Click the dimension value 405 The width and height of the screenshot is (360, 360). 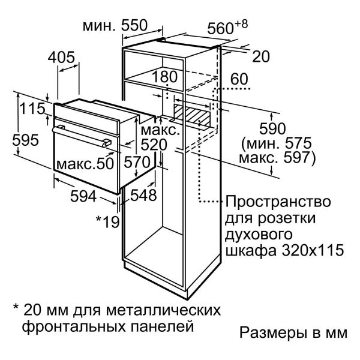pyautogui.click(x=61, y=57)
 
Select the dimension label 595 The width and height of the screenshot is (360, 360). pyautogui.click(x=25, y=140)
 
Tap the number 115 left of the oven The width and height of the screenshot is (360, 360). pyautogui.click(x=32, y=109)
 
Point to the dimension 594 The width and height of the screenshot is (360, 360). pyautogui.click(x=83, y=196)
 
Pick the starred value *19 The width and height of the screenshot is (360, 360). pyautogui.click(x=107, y=222)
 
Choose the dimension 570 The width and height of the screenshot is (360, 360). pyautogui.click(x=137, y=162)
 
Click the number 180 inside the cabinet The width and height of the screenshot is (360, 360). pyautogui.click(x=165, y=77)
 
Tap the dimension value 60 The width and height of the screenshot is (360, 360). pyautogui.click(x=239, y=79)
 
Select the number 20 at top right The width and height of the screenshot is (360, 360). pyautogui.click(x=261, y=56)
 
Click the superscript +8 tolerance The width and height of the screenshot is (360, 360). pyautogui.click(x=241, y=24)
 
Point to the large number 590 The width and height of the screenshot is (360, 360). pyautogui.click(x=272, y=129)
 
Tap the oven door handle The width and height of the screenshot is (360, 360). pyautogui.click(x=82, y=136)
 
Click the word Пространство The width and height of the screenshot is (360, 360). pyautogui.click(x=278, y=202)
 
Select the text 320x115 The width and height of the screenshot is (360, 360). pyautogui.click(x=313, y=250)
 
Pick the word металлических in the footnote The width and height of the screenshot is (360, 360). pyautogui.click(x=163, y=310)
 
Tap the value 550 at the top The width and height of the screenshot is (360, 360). pyautogui.click(x=134, y=25)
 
